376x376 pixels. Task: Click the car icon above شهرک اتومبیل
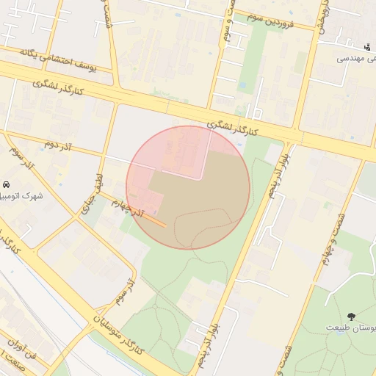6,184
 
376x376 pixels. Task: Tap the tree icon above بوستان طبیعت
351,316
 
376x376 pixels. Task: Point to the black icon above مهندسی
367,46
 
